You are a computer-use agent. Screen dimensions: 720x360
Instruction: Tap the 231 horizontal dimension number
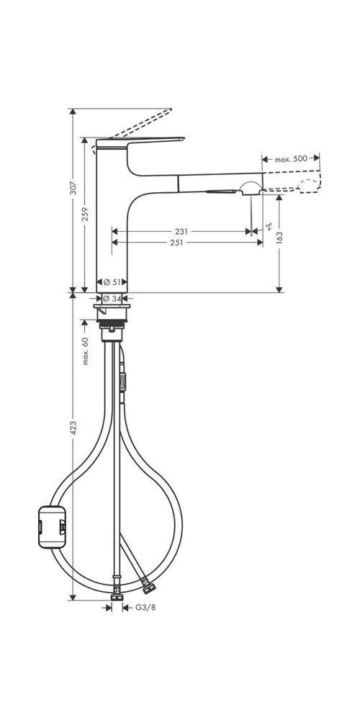click(x=181, y=232)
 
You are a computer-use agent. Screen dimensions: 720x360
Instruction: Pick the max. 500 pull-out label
click(x=290, y=158)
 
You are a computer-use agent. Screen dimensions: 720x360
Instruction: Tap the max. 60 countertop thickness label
click(x=86, y=351)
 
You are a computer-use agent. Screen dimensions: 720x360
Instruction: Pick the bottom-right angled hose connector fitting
click(x=145, y=580)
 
